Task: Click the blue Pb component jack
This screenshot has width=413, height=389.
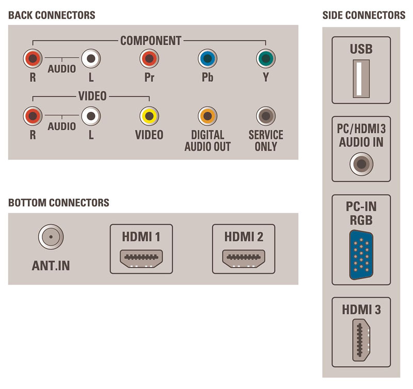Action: (x=207, y=59)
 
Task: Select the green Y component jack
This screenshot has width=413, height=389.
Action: (x=266, y=59)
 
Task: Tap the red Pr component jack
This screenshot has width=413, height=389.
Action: (x=149, y=59)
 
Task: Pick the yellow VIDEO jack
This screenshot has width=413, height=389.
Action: (x=149, y=115)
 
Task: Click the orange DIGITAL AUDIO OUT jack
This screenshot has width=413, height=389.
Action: (x=207, y=115)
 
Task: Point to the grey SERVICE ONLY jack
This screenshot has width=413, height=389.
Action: (x=266, y=115)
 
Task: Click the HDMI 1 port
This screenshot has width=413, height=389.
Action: (x=141, y=257)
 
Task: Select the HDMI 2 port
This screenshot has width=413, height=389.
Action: (x=243, y=257)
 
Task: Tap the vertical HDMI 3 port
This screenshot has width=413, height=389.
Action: (x=361, y=340)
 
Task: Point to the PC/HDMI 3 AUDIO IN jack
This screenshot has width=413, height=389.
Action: (x=361, y=164)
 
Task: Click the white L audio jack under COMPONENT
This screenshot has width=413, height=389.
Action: (x=91, y=59)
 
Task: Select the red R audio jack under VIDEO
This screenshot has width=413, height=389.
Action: (x=33, y=115)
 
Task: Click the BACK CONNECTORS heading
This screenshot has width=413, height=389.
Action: (x=52, y=15)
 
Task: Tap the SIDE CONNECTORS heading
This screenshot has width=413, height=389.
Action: (x=363, y=15)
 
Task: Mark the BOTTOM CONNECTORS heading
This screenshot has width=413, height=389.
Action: (x=58, y=202)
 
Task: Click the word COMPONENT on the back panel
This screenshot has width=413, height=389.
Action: (x=151, y=40)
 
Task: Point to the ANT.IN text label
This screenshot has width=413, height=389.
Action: (x=51, y=266)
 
